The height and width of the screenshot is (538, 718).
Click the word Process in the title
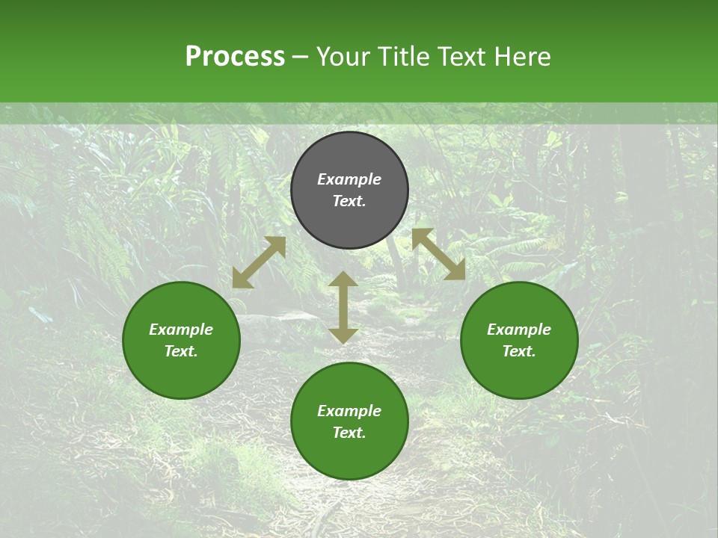(x=235, y=57)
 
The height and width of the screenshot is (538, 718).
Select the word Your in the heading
(x=343, y=57)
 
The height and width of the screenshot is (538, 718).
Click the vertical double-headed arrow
(x=343, y=307)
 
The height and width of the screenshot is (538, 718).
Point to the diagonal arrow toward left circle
(x=259, y=262)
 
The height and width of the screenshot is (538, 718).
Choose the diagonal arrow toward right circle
(x=438, y=254)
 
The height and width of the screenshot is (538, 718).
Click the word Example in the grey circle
(x=349, y=179)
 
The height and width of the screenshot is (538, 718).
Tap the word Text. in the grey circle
(x=349, y=201)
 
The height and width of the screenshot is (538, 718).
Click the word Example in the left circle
(x=181, y=330)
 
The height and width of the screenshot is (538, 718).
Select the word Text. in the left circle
(x=181, y=351)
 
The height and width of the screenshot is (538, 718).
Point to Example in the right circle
(x=519, y=330)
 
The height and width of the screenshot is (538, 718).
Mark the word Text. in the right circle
(x=519, y=351)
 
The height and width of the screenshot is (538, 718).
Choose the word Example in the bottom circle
(x=349, y=411)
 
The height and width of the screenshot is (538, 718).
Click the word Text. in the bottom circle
(x=349, y=433)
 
